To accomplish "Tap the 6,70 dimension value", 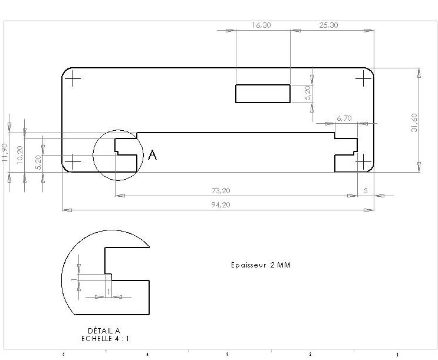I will point(344,118).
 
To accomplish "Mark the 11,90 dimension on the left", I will point(5,152).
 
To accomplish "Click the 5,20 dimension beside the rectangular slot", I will point(307,93).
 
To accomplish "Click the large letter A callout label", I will point(152,155).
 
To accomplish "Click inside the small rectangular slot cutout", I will point(263,93).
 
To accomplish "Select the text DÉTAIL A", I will point(104,331).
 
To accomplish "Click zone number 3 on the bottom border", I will point(227,354).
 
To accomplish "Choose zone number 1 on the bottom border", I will point(397,354).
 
